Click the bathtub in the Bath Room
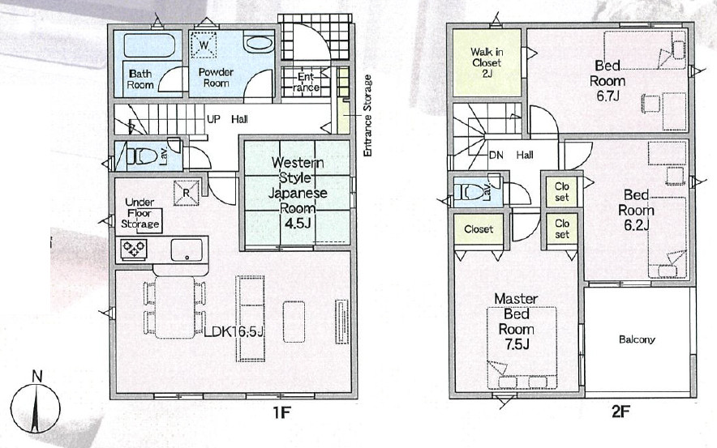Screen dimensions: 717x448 (149, 45)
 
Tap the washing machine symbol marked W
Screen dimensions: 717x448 (204, 45)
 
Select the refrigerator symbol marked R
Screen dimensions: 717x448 (186, 193)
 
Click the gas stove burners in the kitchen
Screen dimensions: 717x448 (134, 250)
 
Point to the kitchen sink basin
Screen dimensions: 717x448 (187, 250)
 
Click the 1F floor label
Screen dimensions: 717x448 (281, 413)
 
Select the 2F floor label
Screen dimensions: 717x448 (621, 413)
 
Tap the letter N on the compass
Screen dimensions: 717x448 (37, 376)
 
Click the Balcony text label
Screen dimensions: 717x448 (637, 339)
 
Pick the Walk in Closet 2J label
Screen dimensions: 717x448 (487, 62)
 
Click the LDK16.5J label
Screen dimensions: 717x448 (234, 332)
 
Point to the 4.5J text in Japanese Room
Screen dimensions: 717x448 (298, 224)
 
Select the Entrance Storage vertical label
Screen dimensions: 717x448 (367, 116)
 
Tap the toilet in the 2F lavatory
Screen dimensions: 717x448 (470, 192)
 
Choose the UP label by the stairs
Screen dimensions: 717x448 (213, 119)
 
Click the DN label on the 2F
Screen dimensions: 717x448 (496, 156)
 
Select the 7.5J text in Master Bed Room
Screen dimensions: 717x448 (517, 344)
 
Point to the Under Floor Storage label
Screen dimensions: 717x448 (140, 213)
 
